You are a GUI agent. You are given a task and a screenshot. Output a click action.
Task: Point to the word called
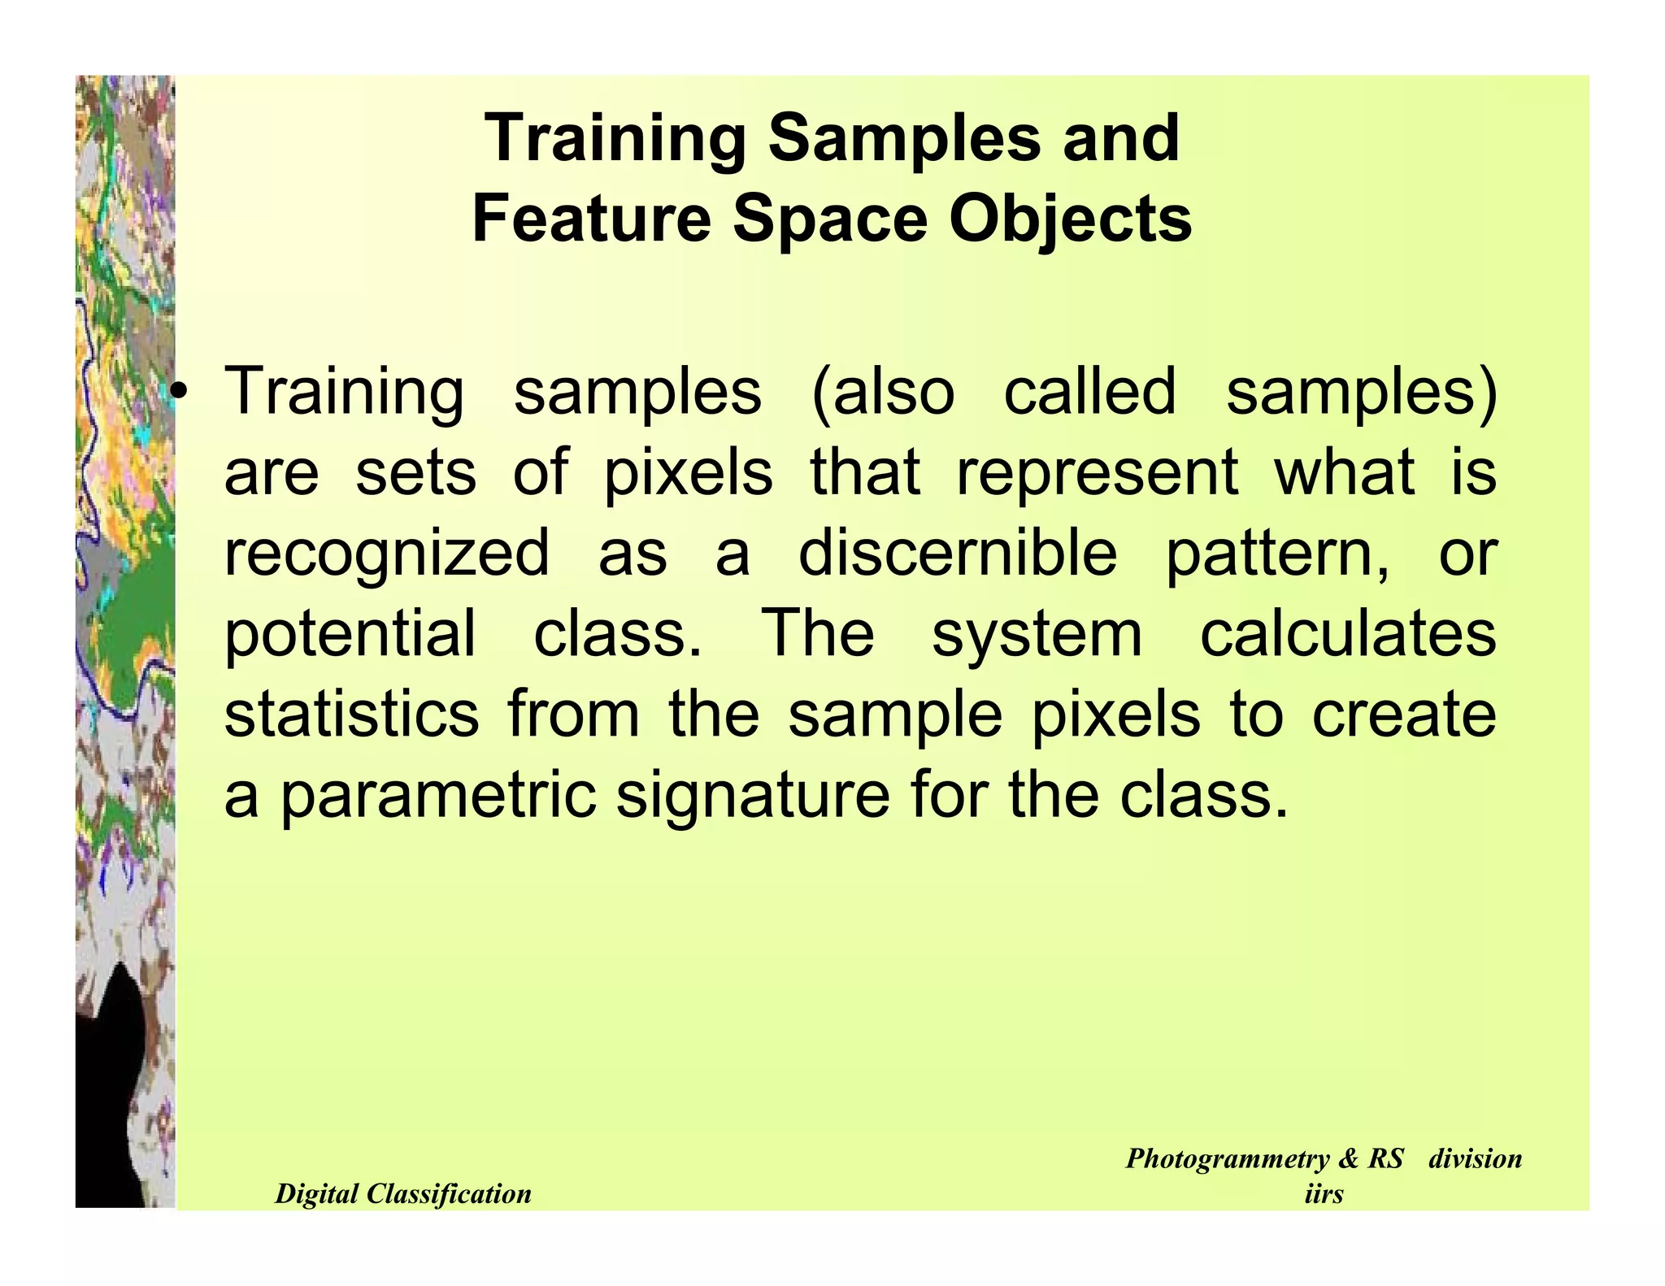point(1089,392)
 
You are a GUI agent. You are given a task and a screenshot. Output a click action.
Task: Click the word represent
point(1097,473)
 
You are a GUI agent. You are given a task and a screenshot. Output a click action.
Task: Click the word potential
point(350,636)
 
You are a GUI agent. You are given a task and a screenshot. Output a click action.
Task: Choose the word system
point(1037,636)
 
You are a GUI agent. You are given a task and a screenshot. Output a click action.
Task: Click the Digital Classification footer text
point(402,1193)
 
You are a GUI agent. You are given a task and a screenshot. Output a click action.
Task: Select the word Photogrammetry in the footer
point(1228,1158)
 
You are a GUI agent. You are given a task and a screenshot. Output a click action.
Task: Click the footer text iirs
point(1323,1193)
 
